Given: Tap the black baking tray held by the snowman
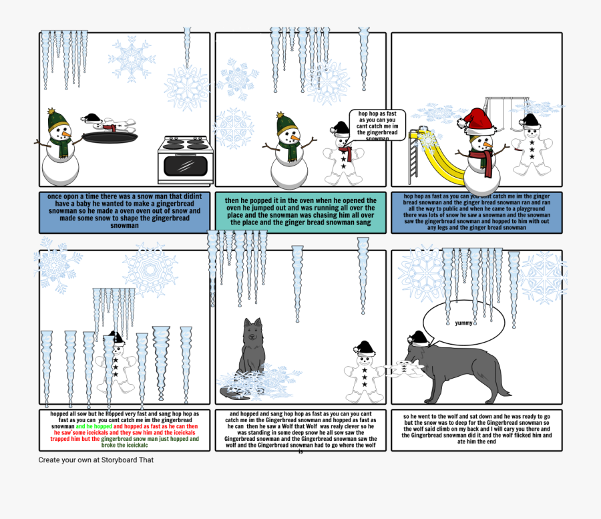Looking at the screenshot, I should click(110, 138).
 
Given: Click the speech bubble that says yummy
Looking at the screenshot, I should click(463, 323).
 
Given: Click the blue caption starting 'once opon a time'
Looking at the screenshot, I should click(124, 212).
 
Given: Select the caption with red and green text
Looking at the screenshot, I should click(124, 429).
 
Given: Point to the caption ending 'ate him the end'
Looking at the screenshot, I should click(477, 429).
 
